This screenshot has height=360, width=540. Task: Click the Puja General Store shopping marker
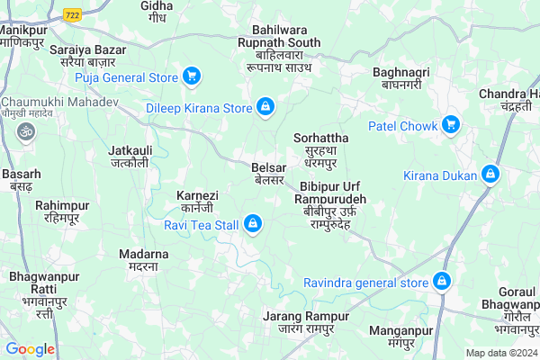point(192,76)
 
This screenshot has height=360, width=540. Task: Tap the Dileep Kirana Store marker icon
point(265,108)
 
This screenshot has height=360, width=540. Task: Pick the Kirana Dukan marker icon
point(490,174)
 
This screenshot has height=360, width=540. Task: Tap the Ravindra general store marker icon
point(442,283)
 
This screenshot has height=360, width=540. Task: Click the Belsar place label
point(269,174)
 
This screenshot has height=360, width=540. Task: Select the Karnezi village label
point(197,202)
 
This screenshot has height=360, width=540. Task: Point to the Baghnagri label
point(400,78)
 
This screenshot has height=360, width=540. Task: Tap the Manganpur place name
point(396,337)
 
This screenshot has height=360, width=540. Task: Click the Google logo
point(30,349)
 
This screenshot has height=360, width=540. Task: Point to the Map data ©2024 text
point(500,353)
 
